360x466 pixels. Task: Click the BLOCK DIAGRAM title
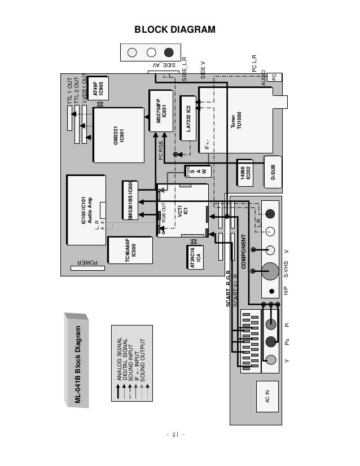[174, 29]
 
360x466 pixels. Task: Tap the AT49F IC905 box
[98, 87]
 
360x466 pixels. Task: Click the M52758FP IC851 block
[161, 111]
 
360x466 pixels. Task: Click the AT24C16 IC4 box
[195, 257]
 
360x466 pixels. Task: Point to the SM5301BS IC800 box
[130, 201]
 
